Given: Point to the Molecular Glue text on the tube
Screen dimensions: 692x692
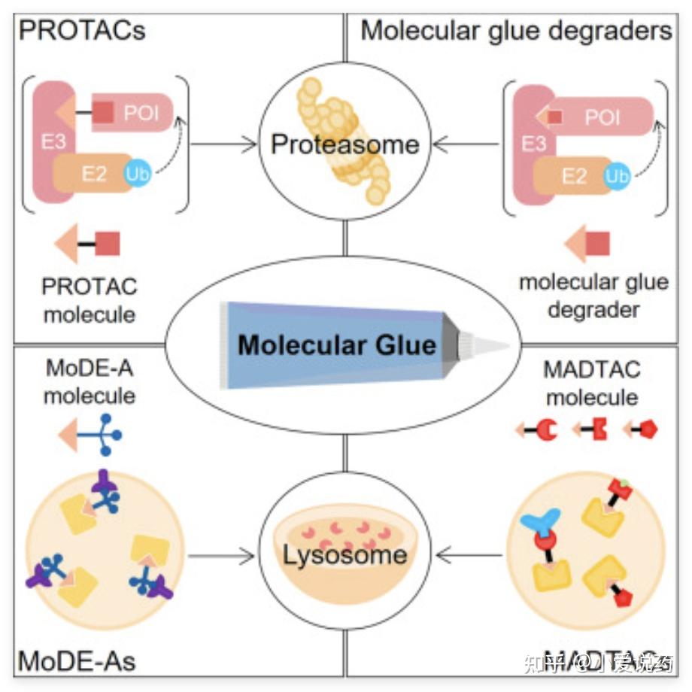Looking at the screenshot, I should click(x=337, y=345).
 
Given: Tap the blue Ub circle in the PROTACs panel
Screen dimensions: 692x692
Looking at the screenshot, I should click(x=138, y=171).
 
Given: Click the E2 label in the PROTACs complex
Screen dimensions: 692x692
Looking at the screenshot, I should click(x=94, y=173).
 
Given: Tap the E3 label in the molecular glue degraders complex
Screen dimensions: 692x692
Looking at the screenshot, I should click(x=533, y=143).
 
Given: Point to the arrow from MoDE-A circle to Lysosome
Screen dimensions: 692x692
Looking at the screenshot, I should click(x=223, y=557).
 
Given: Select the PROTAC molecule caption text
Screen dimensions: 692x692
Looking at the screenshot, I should click(x=90, y=299).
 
